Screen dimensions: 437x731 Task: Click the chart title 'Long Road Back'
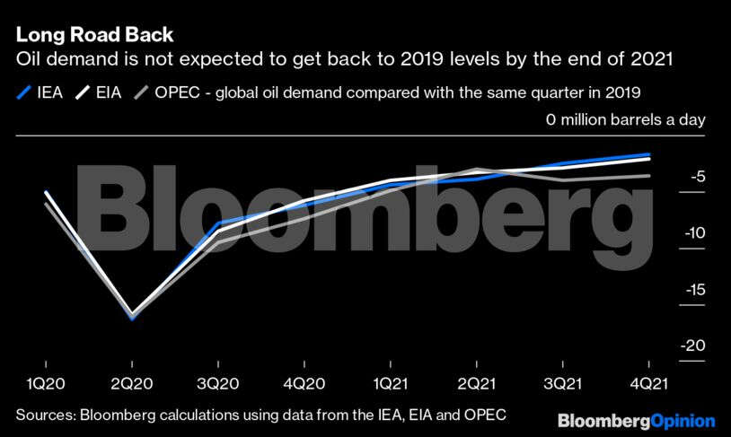pyautogui.click(x=94, y=35)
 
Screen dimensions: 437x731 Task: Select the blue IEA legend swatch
pyautogui.click(x=24, y=92)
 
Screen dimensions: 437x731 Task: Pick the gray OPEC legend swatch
pyautogui.click(x=140, y=92)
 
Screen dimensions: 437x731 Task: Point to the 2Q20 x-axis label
pyautogui.click(x=132, y=383)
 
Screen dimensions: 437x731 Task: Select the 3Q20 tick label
pyautogui.click(x=218, y=383)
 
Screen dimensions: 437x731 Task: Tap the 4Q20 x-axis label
pyautogui.click(x=304, y=383)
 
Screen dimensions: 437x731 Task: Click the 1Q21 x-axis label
pyautogui.click(x=390, y=383)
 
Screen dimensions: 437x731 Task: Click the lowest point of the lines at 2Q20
pyautogui.click(x=132, y=317)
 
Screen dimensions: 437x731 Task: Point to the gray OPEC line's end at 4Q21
pyautogui.click(x=649, y=176)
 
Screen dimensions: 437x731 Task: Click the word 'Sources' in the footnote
pyautogui.click(x=43, y=415)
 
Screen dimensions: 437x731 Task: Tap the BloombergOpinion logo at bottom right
pyautogui.click(x=636, y=420)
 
